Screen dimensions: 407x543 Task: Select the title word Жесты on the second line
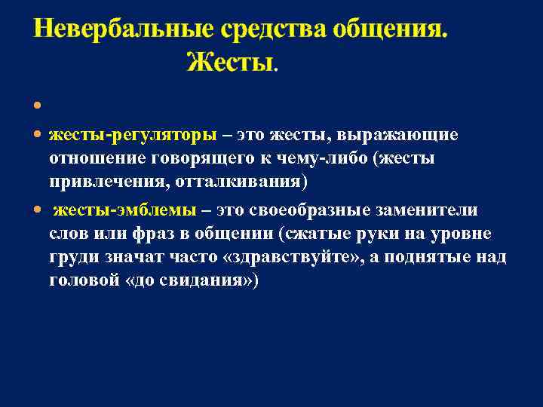[231, 61]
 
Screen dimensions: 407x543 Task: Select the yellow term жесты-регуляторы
[133, 135]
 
